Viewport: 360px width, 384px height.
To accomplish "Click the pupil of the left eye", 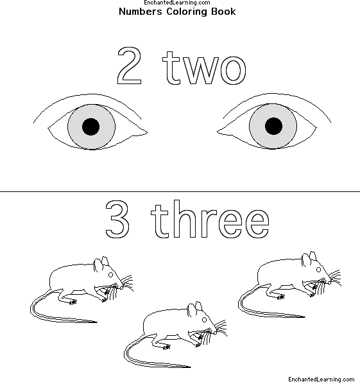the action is click(x=90, y=127).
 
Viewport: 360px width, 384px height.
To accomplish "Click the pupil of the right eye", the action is click(x=273, y=126).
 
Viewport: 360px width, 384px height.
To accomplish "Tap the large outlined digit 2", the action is click(x=130, y=65).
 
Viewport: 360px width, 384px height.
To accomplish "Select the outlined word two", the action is click(x=205, y=67).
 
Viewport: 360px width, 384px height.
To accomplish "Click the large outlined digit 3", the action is click(x=117, y=219).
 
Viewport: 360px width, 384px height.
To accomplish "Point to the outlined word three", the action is click(x=210, y=219).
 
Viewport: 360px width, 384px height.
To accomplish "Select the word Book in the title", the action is click(x=223, y=12).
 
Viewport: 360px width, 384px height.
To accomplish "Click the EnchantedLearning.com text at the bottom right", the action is click(x=321, y=379).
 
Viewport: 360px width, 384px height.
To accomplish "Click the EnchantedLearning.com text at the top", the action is click(x=177, y=3).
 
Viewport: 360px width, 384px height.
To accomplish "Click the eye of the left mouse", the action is click(x=110, y=275).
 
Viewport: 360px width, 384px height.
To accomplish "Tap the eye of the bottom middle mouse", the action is click(x=204, y=320).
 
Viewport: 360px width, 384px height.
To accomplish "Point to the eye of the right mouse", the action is click(x=319, y=270).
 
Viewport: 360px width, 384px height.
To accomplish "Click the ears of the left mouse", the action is click(x=101, y=263).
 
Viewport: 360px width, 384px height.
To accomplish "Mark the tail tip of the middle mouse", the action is click(x=191, y=367).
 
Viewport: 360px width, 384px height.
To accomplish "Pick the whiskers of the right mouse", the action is click(x=333, y=279).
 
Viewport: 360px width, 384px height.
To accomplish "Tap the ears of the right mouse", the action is click(x=309, y=258).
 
